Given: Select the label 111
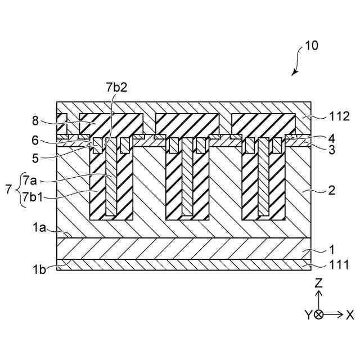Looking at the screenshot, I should pos(337,264).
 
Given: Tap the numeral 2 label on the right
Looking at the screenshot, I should pos(332,190).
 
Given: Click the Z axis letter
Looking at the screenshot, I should pos(318,283).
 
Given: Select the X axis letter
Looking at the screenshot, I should pos(350,315).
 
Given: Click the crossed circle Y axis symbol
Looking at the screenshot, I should pos(318,315).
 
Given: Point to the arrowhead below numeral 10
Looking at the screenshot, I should pos(294,73).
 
